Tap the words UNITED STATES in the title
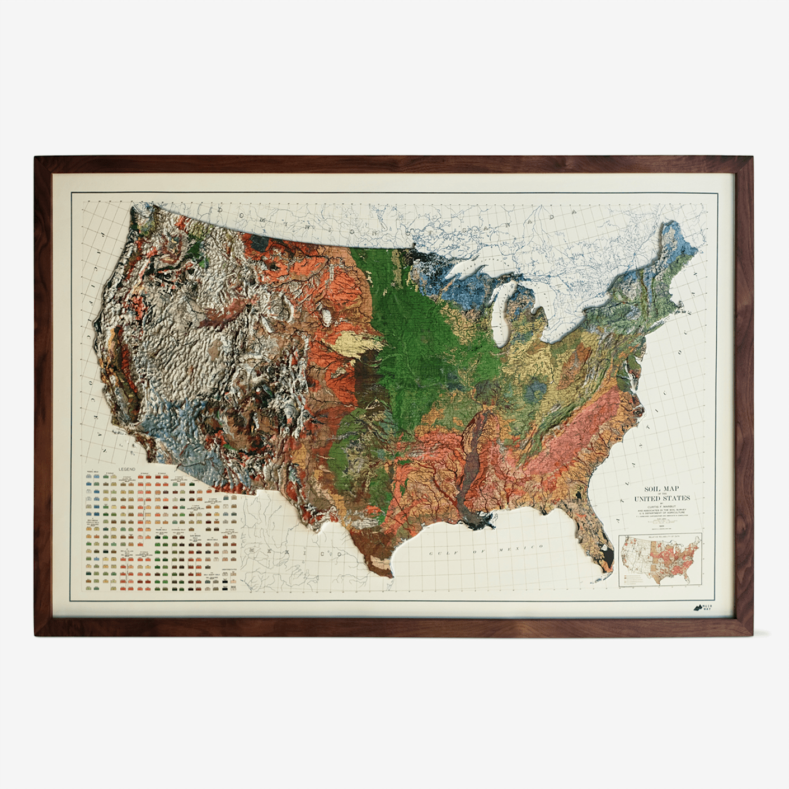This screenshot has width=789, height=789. click(x=661, y=498)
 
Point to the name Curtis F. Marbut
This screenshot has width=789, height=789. click(x=661, y=506)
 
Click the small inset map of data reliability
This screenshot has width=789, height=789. click(x=660, y=560)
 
